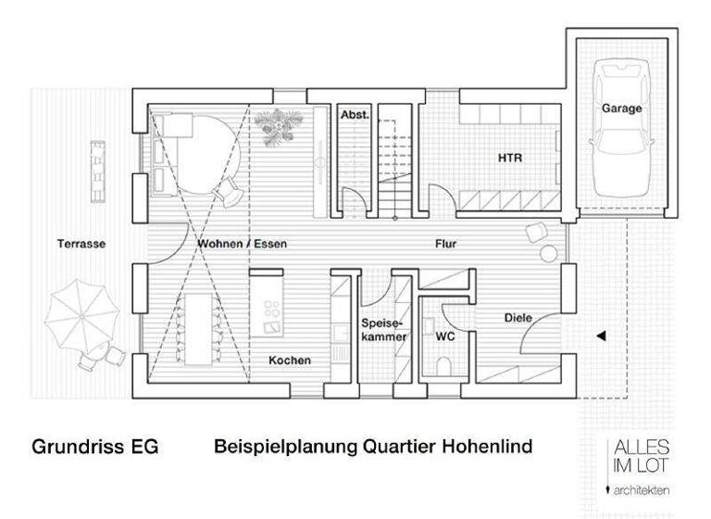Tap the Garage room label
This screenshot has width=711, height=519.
pos(621,108)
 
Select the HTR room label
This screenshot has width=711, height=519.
pos(509,158)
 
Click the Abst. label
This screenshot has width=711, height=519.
pos(355,115)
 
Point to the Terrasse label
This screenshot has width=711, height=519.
pos(81,245)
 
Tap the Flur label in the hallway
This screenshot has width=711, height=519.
pos(448,245)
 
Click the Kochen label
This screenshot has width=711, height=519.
pos(290,361)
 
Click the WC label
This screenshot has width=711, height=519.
pos(444,336)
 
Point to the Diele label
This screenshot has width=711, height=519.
pos(518,318)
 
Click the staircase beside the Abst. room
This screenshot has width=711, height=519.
pos(393,158)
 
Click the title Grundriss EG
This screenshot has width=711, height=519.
pos(95,447)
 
